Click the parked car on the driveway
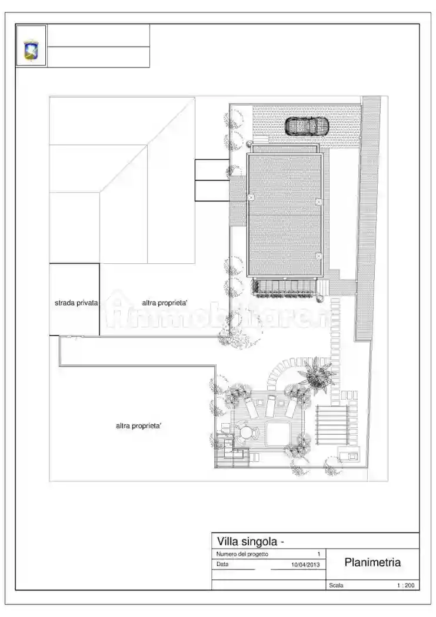tap(307, 126)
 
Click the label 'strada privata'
tap(76, 303)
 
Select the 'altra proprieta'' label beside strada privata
tap(165, 303)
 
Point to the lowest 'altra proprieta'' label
tap(138, 426)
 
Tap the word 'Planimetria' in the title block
tap(372, 562)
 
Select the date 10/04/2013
tap(305, 565)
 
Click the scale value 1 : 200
tap(406, 585)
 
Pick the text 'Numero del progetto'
tap(242, 554)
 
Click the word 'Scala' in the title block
tap(337, 585)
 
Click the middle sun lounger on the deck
tap(271, 406)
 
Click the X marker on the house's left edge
tap(251, 197)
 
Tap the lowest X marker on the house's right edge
tap(318, 256)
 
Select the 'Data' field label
tap(222, 564)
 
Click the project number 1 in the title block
tap(318, 554)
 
